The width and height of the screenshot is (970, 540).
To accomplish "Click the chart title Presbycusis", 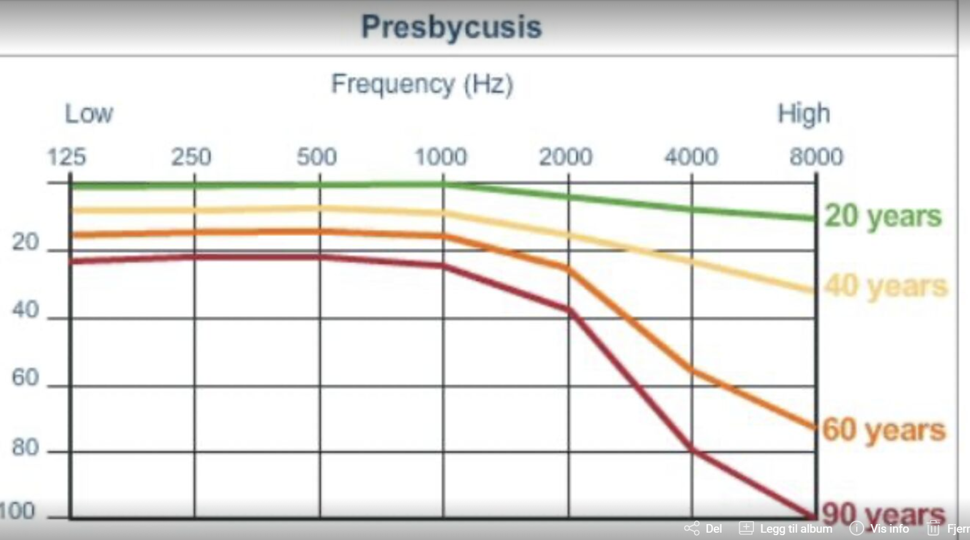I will [451, 27].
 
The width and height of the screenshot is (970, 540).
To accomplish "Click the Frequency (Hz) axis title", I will [422, 84].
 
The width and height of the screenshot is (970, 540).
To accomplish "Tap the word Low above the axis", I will [89, 114].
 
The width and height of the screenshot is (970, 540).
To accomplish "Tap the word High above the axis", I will [804, 114].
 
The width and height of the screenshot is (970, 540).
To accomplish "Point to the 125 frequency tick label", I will [67, 157].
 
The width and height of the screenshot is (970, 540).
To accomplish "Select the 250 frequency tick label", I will [191, 157].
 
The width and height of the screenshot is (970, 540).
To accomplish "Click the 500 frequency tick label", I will [316, 157].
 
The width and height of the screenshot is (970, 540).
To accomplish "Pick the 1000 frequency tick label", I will [441, 157].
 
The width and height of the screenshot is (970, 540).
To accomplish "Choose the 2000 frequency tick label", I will [565, 157].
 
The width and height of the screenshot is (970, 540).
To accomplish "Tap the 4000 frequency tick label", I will [691, 157].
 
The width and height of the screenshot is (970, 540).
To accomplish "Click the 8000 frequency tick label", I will [816, 157].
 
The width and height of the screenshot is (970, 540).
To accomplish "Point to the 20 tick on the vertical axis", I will [26, 243].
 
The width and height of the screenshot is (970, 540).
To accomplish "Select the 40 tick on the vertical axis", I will [26, 310].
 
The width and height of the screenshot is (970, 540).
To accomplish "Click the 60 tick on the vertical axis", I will [26, 378].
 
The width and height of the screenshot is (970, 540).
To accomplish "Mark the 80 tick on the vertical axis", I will [26, 448].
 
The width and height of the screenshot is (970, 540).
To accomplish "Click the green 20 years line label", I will [882, 216].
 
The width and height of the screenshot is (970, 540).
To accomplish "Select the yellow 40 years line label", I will [886, 286].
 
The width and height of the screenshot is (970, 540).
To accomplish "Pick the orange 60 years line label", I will [884, 429].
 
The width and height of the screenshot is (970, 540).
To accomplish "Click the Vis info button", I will [880, 528].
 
